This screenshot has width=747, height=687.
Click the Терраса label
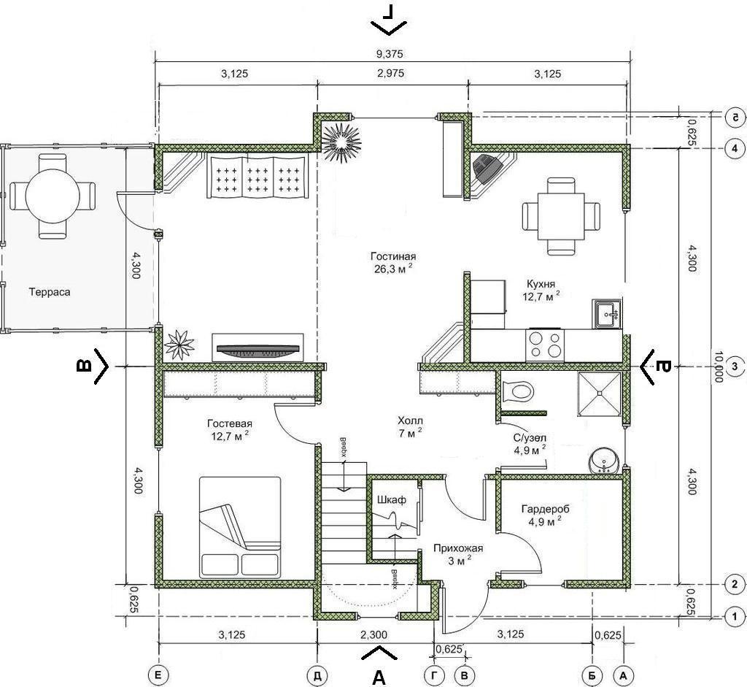[x=50, y=292]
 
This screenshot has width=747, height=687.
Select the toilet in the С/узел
[x=517, y=391]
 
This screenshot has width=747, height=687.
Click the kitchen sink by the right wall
[x=607, y=314]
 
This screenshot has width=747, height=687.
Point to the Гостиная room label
[x=393, y=256]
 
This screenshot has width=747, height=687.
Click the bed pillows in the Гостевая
[x=239, y=564]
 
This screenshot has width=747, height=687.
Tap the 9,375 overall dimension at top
[x=390, y=54]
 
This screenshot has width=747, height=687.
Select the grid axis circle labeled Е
[x=158, y=675]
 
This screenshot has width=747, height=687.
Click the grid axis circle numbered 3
[x=734, y=366]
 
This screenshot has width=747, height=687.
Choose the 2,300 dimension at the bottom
[x=373, y=634]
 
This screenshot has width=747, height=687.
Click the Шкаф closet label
[x=392, y=499]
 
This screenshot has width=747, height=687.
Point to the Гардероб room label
[x=545, y=509]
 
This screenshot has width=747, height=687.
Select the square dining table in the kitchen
[x=561, y=216]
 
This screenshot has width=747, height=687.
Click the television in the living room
[x=258, y=350]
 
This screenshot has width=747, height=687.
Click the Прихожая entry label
[x=458, y=548]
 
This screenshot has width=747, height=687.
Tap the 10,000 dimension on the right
[x=719, y=366]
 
